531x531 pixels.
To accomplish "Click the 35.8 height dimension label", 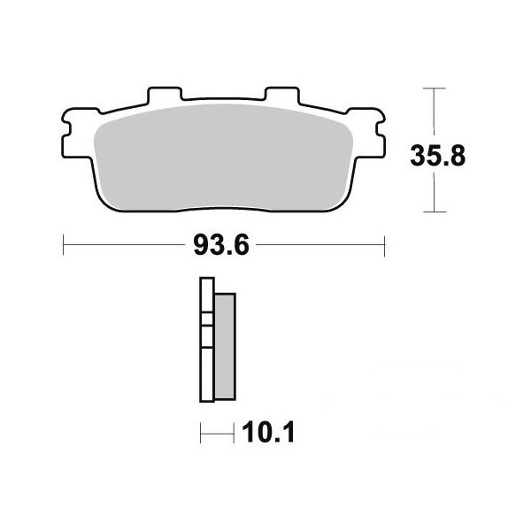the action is click(x=437, y=156).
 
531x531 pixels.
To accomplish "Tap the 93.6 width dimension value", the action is click(x=221, y=245).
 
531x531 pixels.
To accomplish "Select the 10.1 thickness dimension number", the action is click(x=268, y=432).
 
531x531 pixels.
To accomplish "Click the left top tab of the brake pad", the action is click(x=165, y=95).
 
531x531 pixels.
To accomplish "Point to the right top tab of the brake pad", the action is click(x=282, y=95).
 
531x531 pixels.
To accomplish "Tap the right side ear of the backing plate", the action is click(x=368, y=133).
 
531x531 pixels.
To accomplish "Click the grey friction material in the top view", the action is click(x=223, y=158).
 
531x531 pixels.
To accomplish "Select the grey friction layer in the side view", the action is click(x=225, y=346).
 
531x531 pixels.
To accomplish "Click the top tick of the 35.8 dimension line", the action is click(x=435, y=88).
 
